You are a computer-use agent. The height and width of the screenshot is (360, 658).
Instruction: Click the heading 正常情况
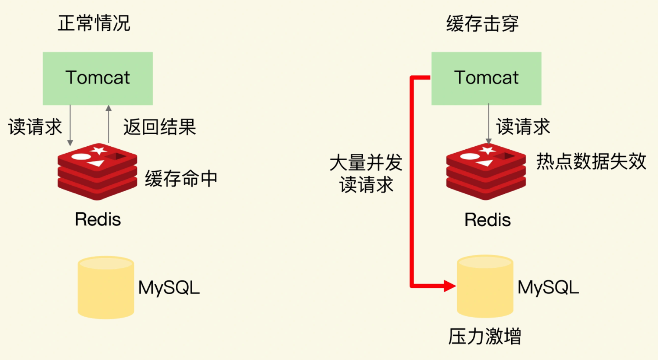coord(94,23)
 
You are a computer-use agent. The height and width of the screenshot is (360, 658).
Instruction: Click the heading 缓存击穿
coord(482,23)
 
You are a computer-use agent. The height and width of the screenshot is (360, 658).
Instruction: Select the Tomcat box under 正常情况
coord(97,78)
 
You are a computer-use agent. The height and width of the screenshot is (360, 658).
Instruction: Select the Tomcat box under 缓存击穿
coord(486,78)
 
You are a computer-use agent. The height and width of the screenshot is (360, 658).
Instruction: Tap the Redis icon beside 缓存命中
coord(97,171)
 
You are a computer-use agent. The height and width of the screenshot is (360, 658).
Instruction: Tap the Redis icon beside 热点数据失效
coord(486,171)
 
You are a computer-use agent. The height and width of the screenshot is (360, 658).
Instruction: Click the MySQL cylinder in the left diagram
coord(106,288)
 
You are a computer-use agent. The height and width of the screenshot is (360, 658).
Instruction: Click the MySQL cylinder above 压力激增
coord(485,286)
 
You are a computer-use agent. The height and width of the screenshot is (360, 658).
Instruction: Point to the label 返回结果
coord(159,127)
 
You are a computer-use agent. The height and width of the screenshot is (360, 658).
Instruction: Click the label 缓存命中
coord(181,179)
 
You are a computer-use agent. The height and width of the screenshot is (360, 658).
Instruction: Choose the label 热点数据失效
coord(591,161)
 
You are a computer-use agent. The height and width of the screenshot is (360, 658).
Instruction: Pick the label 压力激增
coord(484,337)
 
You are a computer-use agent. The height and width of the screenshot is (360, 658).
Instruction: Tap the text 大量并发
coord(366,163)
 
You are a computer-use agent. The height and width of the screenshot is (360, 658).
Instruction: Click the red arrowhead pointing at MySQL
coord(449,286)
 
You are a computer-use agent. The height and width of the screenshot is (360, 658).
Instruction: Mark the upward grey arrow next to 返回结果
coord(109,123)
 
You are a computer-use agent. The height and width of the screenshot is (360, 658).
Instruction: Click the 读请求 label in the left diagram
coord(35,127)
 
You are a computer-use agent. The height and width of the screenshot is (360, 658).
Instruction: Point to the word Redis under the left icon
coord(98,219)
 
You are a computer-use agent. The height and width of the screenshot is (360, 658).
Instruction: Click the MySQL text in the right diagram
coord(548,287)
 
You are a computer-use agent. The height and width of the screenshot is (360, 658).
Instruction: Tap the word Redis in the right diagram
coord(487,220)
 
